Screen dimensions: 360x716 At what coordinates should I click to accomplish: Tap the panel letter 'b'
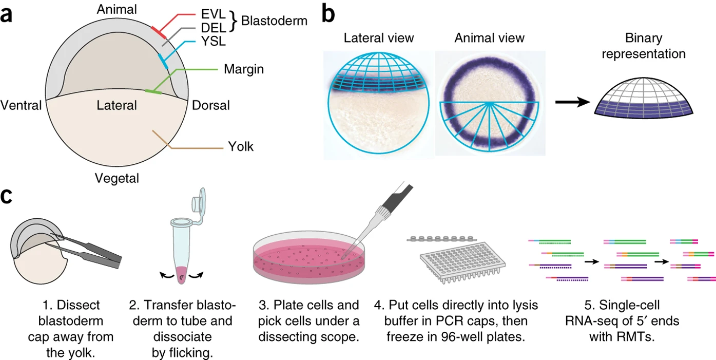point(330,14)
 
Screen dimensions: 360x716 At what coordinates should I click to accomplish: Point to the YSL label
point(212,42)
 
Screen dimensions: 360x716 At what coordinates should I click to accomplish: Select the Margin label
point(243,68)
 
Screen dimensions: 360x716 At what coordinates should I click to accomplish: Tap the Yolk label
point(241,147)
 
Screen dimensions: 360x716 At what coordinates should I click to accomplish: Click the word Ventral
point(21,106)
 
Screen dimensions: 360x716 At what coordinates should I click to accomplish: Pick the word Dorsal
point(210,106)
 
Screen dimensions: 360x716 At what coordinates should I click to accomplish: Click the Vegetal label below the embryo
point(117,178)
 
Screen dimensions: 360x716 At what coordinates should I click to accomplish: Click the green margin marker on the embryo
point(153,92)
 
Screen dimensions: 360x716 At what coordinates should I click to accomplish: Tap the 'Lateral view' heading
point(379,38)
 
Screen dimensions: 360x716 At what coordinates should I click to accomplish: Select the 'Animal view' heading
point(490,38)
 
